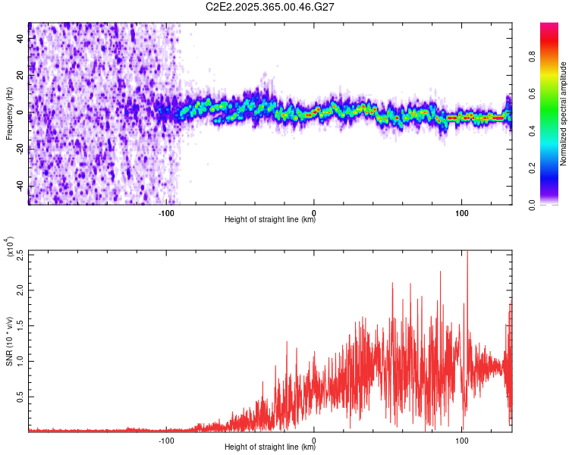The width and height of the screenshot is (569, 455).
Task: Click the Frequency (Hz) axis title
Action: (x=9, y=114)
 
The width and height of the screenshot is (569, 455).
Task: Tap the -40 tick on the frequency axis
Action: (x=18, y=186)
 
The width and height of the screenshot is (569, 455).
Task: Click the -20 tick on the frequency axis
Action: (x=18, y=149)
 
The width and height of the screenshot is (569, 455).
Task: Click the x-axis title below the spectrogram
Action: (x=270, y=220)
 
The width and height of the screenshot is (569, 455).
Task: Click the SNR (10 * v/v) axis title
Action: (x=9, y=340)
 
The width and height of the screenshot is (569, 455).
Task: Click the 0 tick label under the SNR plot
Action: (x=314, y=440)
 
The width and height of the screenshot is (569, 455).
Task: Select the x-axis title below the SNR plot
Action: (x=270, y=447)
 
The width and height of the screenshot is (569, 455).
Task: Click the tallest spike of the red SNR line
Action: (x=467, y=253)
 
